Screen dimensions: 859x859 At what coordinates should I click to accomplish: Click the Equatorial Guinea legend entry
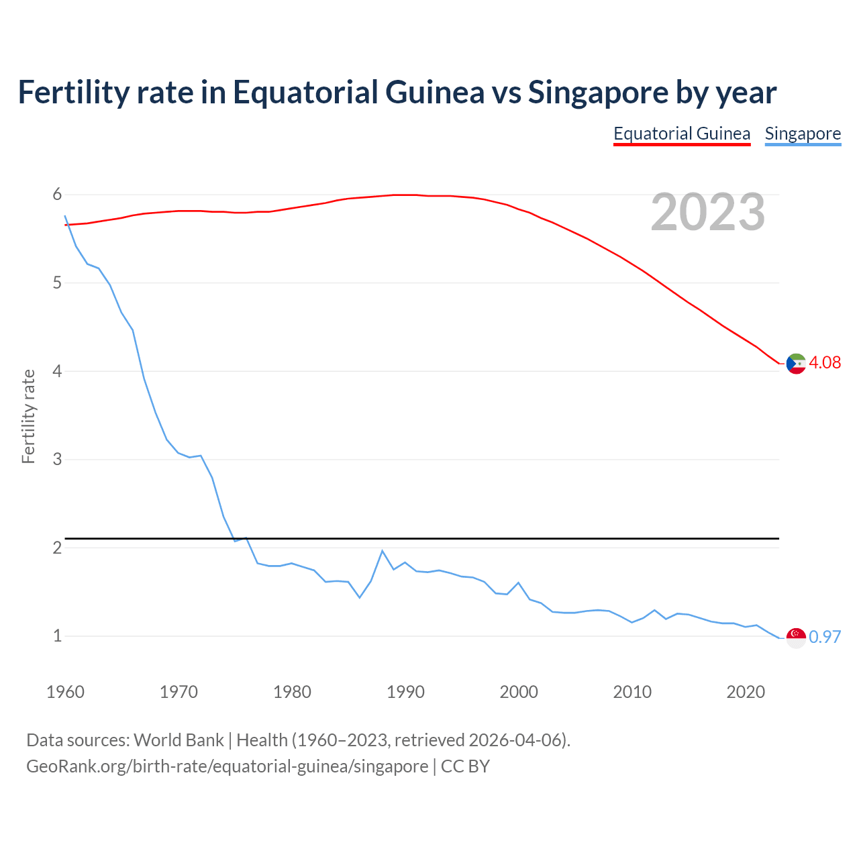[x=682, y=134]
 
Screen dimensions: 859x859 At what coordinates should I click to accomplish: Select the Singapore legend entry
[x=803, y=134]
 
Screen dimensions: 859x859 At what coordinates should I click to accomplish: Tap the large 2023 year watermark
[x=708, y=212]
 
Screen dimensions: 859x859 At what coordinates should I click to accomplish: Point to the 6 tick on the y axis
[x=57, y=195]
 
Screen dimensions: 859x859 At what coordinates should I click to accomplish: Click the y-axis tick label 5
[x=57, y=283]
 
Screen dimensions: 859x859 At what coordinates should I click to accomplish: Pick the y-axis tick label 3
[x=57, y=459]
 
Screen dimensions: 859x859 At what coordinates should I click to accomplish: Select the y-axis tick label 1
[x=57, y=636]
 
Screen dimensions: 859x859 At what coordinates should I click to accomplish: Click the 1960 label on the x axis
[x=65, y=692]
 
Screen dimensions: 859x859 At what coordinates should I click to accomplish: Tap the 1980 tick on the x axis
[x=292, y=692]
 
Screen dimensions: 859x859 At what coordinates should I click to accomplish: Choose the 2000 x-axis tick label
[x=519, y=692]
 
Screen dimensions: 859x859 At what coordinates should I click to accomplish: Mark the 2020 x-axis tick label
[x=746, y=692]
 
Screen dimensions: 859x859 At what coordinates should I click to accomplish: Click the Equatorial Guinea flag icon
[x=796, y=363]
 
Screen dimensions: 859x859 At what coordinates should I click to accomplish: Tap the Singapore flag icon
[x=796, y=638]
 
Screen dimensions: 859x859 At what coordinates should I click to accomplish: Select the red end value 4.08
[x=825, y=362]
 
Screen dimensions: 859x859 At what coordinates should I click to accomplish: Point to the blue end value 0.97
[x=825, y=637]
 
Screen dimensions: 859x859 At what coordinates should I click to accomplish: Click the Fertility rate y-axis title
[x=28, y=416]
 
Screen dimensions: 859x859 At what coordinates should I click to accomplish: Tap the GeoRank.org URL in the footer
[x=227, y=766]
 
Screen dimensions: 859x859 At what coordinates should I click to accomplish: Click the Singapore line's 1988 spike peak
[x=383, y=551]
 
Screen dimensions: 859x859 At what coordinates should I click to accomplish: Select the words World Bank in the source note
[x=179, y=740]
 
